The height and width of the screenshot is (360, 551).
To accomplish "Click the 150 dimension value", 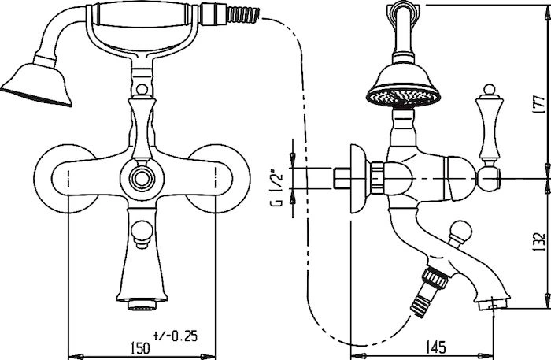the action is (x=140, y=347).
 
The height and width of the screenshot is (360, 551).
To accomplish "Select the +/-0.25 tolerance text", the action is (x=176, y=336).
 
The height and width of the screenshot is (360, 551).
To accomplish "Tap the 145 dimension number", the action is (x=436, y=347).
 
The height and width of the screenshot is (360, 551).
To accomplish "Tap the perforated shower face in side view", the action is (x=403, y=98).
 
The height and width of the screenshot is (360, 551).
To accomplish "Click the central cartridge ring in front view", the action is (x=142, y=179).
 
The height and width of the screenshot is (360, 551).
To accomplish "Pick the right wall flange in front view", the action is (x=218, y=179).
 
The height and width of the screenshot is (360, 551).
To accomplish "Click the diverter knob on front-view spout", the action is (x=142, y=234).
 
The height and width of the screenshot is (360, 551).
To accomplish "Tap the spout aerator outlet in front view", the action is (x=142, y=303).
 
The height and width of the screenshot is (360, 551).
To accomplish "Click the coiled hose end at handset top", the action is (x=243, y=16).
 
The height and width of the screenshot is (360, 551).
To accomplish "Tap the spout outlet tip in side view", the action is (x=494, y=304).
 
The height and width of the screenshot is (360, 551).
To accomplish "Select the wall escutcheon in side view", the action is (x=359, y=179).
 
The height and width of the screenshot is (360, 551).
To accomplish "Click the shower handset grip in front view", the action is (x=142, y=15).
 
